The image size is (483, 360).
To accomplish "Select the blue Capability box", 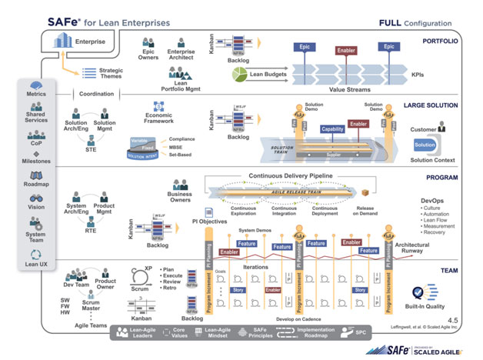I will tap(332, 129).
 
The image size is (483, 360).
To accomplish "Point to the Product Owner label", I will tap(106, 285).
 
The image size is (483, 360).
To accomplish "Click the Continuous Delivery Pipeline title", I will tap(290, 176).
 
